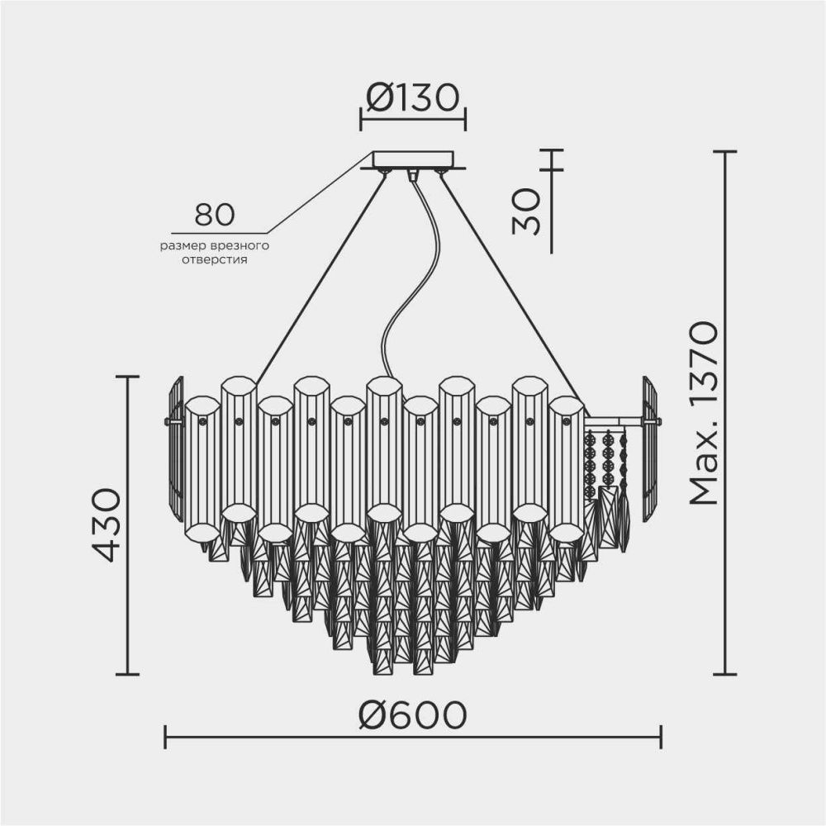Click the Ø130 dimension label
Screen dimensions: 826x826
(412, 98)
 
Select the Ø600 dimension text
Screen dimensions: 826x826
(412, 714)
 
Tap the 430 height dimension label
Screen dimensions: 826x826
(107, 525)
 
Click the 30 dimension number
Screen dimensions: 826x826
(527, 211)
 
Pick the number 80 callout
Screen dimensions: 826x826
(215, 215)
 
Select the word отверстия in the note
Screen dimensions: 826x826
(215, 259)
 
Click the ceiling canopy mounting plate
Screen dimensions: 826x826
(413, 159)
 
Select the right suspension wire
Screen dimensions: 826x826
(508, 281)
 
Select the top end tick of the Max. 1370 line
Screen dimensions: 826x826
(724, 152)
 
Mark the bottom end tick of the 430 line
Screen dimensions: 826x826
(127, 674)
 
